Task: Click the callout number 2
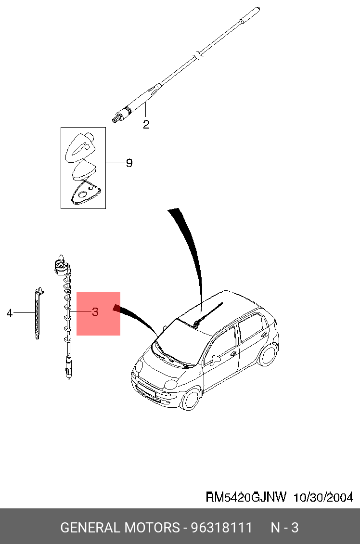coord(146,125)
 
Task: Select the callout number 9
coord(129,163)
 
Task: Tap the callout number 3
coord(95,312)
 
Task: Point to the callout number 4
coord(9,313)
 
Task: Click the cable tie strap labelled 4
coord(38,313)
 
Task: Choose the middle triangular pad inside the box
coord(83,170)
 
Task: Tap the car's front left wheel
coord(191,399)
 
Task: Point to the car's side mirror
coord(214,359)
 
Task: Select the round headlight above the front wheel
coord(171,385)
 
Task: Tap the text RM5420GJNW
coord(246,497)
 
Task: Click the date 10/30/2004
coord(323,497)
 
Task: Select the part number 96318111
coord(221,528)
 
